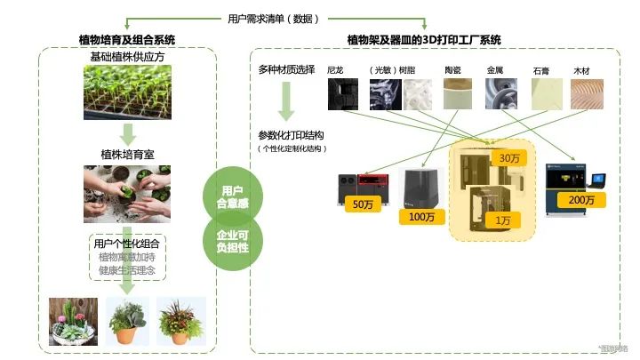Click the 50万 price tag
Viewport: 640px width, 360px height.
tap(363, 205)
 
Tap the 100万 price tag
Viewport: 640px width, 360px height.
tap(423, 217)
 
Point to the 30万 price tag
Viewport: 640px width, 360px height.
tap(510, 157)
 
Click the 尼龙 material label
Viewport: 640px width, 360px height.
tap(335, 68)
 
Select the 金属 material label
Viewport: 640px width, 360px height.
tap(496, 68)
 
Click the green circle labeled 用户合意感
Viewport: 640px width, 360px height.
tap(232, 196)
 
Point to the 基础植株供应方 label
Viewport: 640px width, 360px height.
tap(128, 57)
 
